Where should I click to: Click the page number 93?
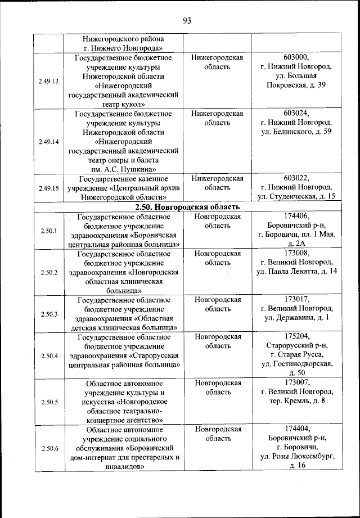187,21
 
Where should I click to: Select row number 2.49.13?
49,81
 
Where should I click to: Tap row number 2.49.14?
49,141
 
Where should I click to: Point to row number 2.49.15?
49,188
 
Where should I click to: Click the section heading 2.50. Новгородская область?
188,207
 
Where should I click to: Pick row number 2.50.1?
49,231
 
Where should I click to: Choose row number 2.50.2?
49,272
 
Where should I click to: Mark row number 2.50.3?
49,314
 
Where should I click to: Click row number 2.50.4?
49,355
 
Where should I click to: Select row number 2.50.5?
49,402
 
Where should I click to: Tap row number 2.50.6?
49,448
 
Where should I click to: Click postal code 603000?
296,57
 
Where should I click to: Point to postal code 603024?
296,113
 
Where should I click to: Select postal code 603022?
296,178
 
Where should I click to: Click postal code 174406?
296,216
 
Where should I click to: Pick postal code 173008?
296,253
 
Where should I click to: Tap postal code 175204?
296,336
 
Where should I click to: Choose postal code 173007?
296,382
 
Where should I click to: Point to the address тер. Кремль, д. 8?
296,401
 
